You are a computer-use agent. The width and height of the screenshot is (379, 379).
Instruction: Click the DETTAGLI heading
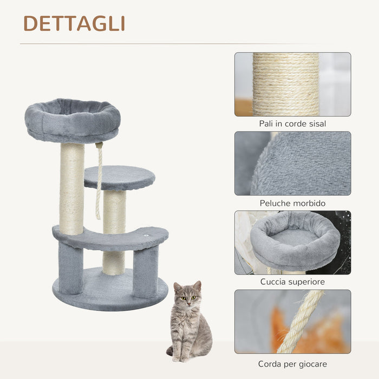74,23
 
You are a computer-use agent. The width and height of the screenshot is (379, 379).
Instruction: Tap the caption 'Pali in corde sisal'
292,124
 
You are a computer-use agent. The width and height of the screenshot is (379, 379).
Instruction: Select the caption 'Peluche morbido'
292,203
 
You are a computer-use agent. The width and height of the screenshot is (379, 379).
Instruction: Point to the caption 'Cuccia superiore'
292,282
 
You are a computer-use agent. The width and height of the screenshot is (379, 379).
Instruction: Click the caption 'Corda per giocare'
292,364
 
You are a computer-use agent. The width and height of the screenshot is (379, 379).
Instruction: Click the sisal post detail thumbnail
292,84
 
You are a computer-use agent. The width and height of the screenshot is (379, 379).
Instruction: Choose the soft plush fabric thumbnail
292,163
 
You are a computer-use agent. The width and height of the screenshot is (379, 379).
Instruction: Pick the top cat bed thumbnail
292,242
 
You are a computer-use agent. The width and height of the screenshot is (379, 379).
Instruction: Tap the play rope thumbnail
292,321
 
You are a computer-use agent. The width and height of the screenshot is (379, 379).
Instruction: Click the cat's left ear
198,285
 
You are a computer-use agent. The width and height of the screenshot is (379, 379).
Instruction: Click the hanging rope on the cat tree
99,184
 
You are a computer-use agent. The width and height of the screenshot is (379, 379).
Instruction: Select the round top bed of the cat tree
73,120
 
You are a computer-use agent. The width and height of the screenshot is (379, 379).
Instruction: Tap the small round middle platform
120,177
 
